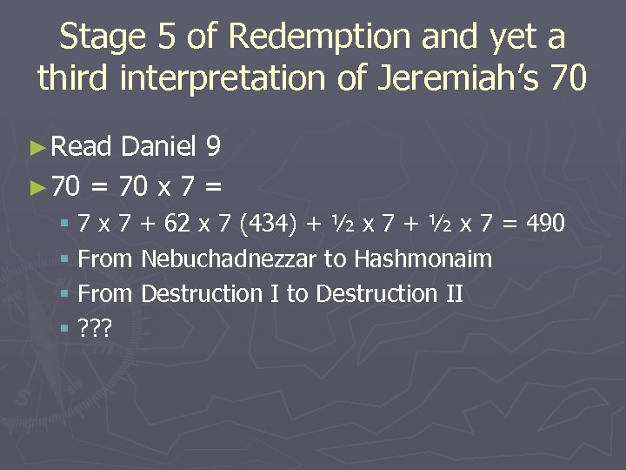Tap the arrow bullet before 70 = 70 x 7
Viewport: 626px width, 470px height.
click(36, 185)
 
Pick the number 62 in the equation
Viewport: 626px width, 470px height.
click(177, 224)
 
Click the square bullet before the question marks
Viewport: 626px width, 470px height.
click(66, 329)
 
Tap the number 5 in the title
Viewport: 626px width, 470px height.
click(163, 37)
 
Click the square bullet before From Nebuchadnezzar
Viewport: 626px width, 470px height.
click(66, 259)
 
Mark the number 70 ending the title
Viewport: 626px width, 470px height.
click(569, 79)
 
